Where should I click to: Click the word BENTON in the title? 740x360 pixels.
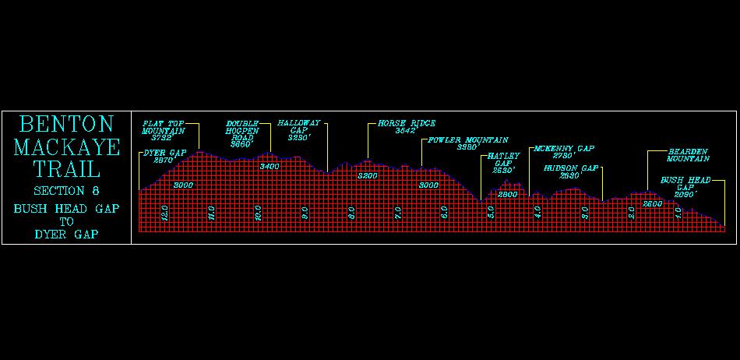pos(66,125)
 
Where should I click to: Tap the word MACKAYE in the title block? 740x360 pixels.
pos(66,147)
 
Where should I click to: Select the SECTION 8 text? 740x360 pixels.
pos(66,191)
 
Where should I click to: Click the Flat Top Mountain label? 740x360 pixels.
pos(164,131)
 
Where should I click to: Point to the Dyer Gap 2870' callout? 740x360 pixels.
pos(164,156)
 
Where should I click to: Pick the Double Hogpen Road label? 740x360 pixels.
pos(242,133)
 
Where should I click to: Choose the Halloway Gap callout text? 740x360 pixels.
pos(299,129)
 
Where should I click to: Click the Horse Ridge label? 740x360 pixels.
pos(406,126)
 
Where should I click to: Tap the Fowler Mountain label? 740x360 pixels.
pos(467,143)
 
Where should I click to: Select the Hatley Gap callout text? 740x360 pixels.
pos(503,163)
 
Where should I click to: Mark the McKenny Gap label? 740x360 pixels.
pos(564,151)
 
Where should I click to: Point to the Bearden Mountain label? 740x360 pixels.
pos(689,154)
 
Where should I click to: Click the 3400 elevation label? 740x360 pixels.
pos(270,167)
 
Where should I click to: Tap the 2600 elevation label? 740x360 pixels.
pos(653,203)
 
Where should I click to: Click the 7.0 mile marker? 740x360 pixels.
pos(398,211)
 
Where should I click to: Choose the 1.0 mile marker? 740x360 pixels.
pos(678,211)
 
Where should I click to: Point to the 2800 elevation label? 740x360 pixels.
pos(508,195)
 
